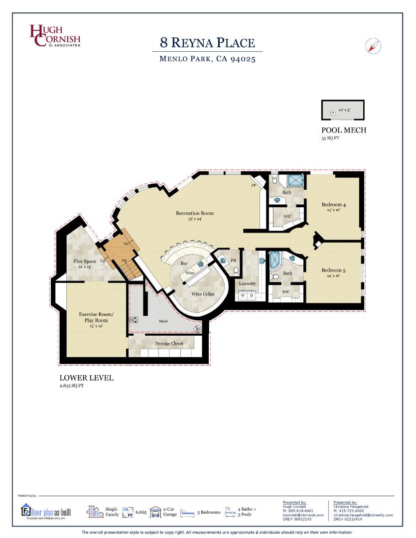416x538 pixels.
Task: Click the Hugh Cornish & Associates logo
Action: tap(55, 36)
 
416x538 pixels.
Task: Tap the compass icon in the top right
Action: tap(373, 46)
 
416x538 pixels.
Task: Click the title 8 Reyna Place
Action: tap(207, 42)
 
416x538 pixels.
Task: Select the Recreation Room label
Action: tap(195, 213)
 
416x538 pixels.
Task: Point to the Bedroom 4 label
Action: tap(333, 205)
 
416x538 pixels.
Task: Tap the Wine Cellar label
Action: tap(203, 294)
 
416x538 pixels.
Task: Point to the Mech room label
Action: tap(163, 321)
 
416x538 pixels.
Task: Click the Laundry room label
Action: tap(247, 283)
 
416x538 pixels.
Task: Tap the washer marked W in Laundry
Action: tap(243, 295)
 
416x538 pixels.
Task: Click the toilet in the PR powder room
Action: tap(236, 270)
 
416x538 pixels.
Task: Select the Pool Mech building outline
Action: tap(342, 110)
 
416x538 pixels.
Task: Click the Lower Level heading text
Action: tap(86, 378)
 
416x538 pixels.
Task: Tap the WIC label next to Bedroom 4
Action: tap(287, 216)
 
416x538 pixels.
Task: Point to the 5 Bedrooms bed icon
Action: tap(187, 512)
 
